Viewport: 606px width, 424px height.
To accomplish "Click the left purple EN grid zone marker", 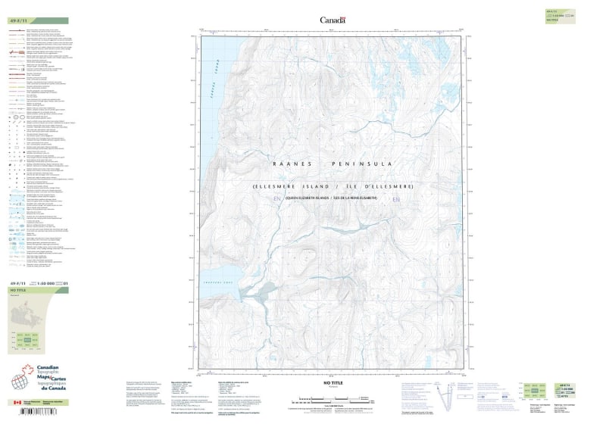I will click(x=277, y=199).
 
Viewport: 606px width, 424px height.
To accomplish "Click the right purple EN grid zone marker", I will click(x=395, y=199).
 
